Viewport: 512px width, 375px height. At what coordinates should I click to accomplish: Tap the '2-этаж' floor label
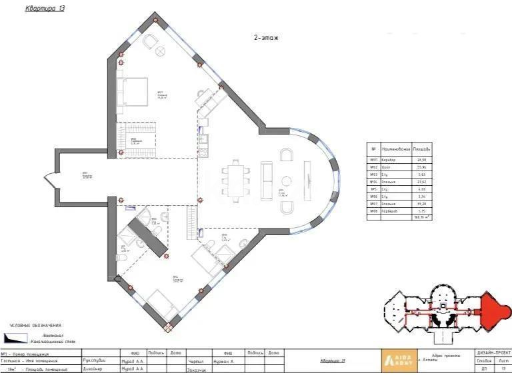tap(265, 38)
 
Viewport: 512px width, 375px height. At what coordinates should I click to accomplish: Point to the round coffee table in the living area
tap(285, 179)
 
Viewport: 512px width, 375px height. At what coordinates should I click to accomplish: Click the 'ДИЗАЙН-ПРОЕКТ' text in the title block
tap(493, 352)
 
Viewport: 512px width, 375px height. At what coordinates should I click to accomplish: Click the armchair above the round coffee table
tap(287, 155)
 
